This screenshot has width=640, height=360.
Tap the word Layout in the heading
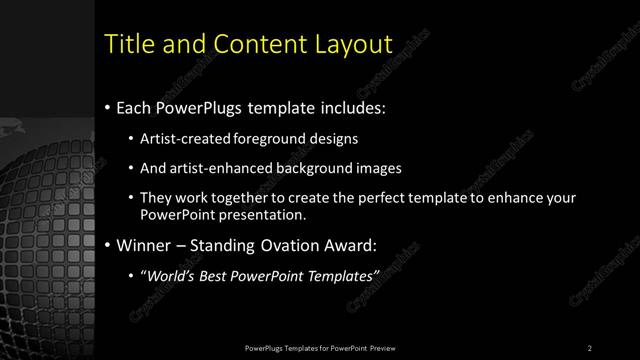coord(349,44)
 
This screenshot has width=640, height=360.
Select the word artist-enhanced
coord(218,168)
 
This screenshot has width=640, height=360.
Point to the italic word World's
coord(171,276)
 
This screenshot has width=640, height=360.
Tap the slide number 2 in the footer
coord(590,347)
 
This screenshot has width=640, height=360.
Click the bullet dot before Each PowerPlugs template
coord(107,107)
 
